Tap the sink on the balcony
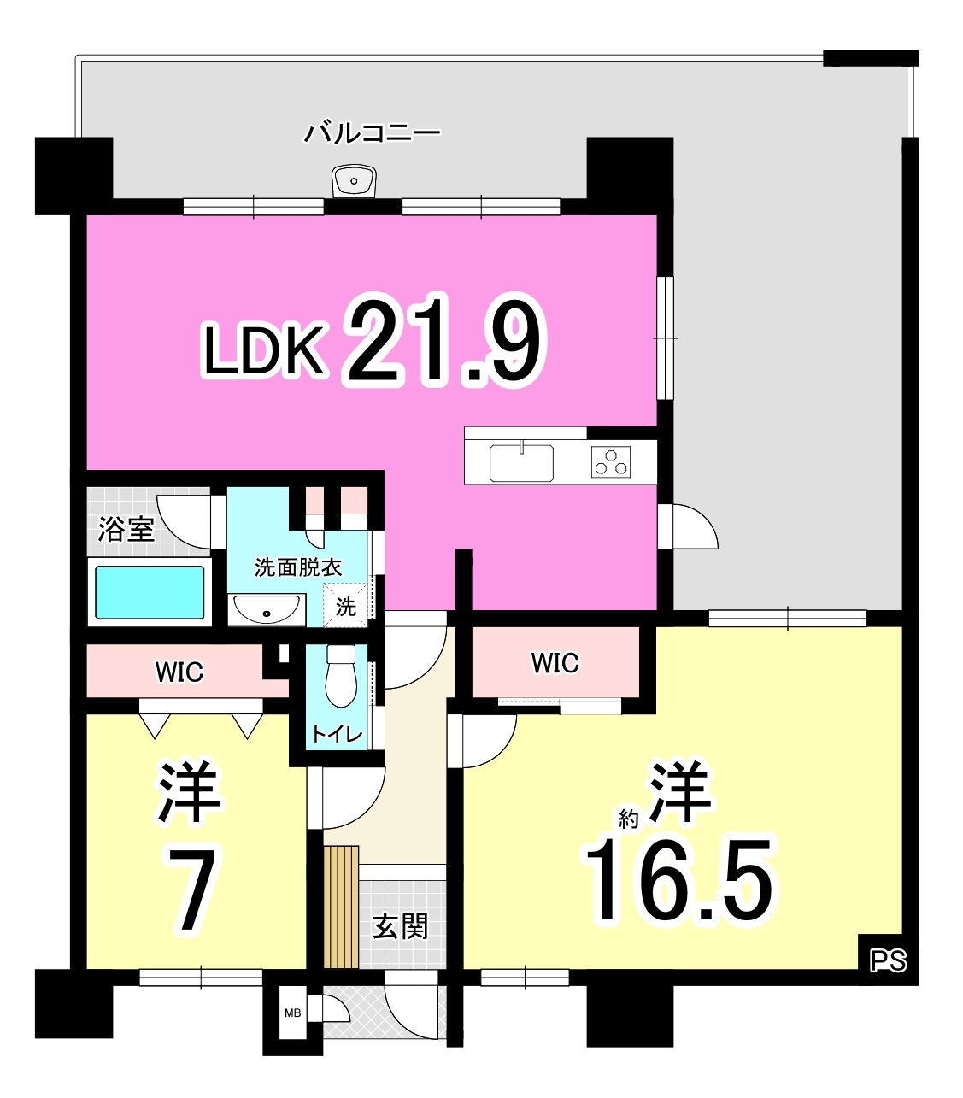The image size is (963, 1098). pos(354,181)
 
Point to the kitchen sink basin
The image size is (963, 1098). pos(521,463)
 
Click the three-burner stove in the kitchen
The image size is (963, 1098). pos(611,462)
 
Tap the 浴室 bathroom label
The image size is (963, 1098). pos(126,529)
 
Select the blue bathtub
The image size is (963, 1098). pos(150,592)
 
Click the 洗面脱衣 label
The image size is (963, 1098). pos(298,567)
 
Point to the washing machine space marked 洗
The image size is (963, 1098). pos(345,606)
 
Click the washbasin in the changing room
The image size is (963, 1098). pos(266,609)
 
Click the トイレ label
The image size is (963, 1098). pos(337,734)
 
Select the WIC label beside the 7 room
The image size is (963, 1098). pos(179,672)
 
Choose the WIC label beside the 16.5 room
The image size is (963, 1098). pos(555,663)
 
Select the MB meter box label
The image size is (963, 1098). pos(292,1013)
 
